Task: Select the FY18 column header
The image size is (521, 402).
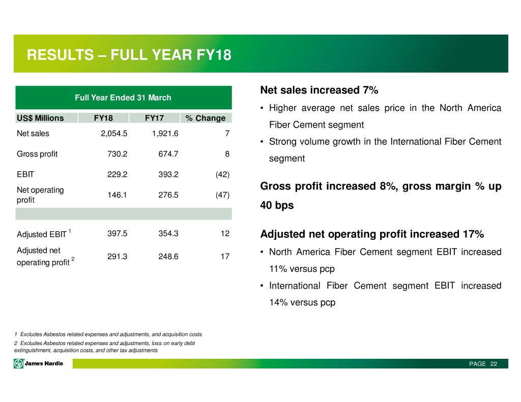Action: [x=103, y=118]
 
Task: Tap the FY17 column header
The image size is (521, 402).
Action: [x=154, y=118]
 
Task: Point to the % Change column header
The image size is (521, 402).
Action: [x=205, y=118]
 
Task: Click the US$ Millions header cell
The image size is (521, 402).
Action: [x=40, y=118]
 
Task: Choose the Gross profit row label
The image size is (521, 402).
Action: [x=37, y=154]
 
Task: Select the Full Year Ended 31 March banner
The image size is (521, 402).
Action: [x=123, y=98]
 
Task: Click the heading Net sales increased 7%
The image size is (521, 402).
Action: [x=319, y=90]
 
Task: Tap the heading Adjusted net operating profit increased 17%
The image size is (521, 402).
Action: [x=372, y=234]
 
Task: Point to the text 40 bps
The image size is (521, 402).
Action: [x=277, y=206]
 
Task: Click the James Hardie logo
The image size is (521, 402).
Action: [x=39, y=363]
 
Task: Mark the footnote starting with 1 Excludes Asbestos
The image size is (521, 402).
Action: [x=108, y=334]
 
